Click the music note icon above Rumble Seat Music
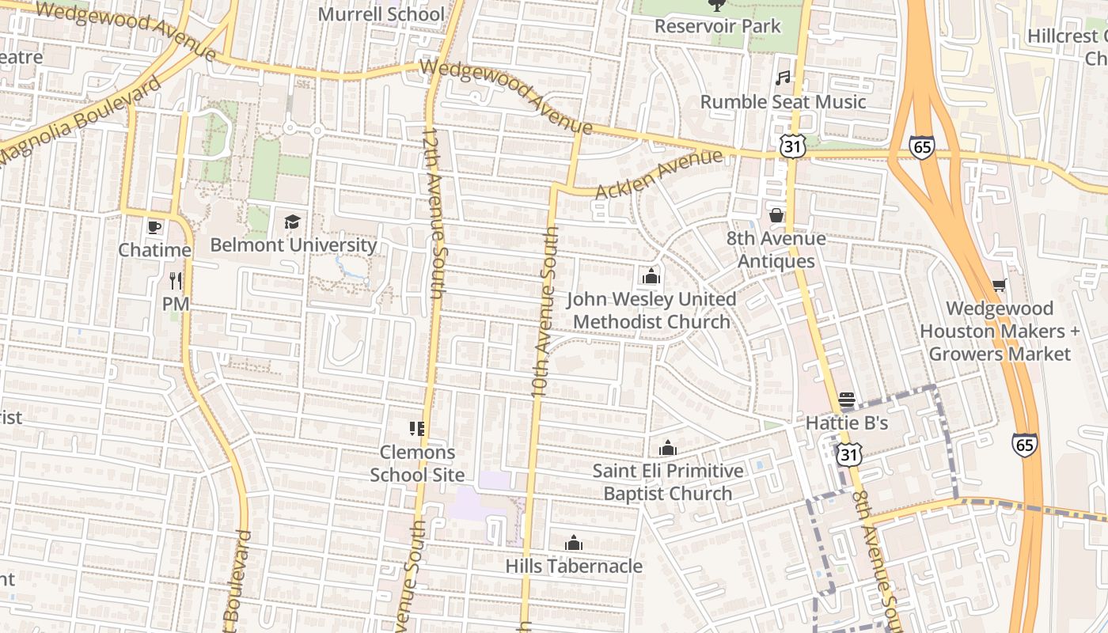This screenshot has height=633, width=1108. pos(783,78)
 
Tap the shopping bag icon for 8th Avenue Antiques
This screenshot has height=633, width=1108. pos(776,215)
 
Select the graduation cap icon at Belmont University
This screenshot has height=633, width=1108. pos(293,222)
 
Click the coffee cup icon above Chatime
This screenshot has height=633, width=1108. pos(154,228)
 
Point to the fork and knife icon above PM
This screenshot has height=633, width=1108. pos(176,280)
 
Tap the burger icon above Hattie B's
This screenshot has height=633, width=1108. pos(847,400)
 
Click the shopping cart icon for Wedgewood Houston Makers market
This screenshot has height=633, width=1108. pos(999,285)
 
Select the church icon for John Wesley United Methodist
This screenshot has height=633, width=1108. pos(651,276)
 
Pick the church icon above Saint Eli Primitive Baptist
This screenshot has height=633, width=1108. pos(668,448)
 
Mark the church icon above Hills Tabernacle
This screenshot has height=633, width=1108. pos(574,543)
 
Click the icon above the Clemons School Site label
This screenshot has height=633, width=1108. pos(417,429)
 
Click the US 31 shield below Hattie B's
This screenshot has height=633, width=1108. pos(848,454)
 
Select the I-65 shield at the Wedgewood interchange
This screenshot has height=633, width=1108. pos(921,146)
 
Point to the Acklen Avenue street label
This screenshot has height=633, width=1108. pos(658,175)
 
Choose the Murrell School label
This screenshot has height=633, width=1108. pos(381,14)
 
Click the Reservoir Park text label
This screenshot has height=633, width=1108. pos(717,26)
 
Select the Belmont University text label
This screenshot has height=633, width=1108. pos(293,244)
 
